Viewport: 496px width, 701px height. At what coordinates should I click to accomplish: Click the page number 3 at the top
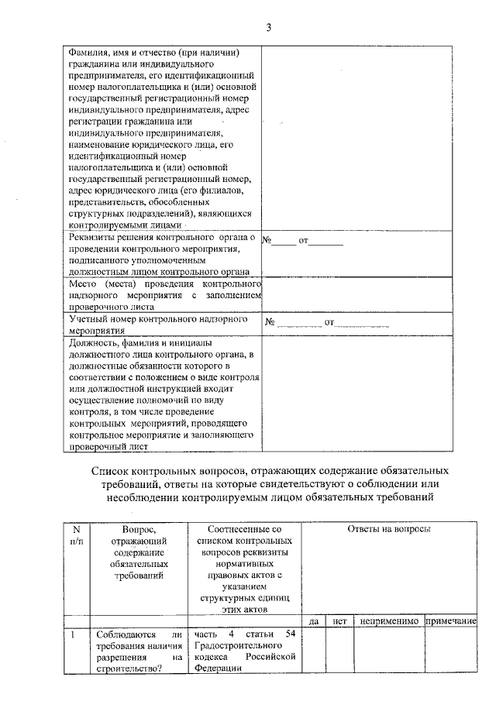click(268, 29)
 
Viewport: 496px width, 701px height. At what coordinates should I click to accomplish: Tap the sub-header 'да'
click(314, 621)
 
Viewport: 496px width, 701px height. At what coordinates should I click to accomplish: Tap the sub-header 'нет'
click(339, 621)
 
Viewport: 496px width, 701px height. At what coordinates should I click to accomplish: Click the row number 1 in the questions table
click(72, 635)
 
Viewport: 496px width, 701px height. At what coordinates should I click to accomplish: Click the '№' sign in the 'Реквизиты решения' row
click(267, 240)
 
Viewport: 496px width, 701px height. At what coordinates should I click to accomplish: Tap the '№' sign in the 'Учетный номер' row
click(270, 321)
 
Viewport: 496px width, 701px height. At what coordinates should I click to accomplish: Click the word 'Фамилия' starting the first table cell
click(88, 52)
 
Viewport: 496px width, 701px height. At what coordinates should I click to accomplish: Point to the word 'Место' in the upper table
click(83, 284)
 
